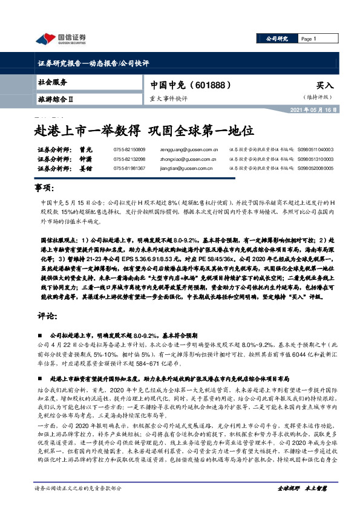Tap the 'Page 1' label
[310, 39]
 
